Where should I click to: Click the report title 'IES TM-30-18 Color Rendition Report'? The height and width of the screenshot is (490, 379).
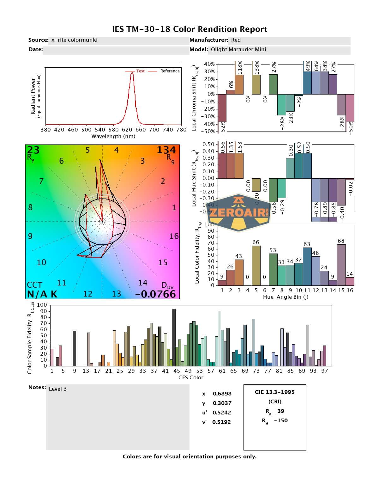189,29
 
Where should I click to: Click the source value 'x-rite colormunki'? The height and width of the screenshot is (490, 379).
74,40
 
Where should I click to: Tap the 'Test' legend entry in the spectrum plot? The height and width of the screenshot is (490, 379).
140,71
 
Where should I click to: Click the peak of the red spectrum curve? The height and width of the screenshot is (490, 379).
132,73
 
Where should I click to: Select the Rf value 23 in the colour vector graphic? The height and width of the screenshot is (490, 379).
33,150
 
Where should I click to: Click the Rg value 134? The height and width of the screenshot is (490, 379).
166,150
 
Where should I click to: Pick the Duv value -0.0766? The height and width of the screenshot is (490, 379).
155,294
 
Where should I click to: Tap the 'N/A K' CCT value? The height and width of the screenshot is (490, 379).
42,294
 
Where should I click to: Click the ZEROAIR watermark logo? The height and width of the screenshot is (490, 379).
239,212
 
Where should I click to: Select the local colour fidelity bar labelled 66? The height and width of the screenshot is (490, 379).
256,265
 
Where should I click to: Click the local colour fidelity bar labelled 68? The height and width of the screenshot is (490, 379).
341,265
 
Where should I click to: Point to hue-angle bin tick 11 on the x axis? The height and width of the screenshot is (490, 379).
307,290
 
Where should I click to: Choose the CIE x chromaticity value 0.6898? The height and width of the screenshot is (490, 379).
222,394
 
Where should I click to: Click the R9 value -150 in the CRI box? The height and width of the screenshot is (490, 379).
281,420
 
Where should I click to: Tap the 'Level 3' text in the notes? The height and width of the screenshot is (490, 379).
58,389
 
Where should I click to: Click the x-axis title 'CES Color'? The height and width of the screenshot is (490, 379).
191,377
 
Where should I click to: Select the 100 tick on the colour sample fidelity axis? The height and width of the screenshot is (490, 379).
42,305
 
